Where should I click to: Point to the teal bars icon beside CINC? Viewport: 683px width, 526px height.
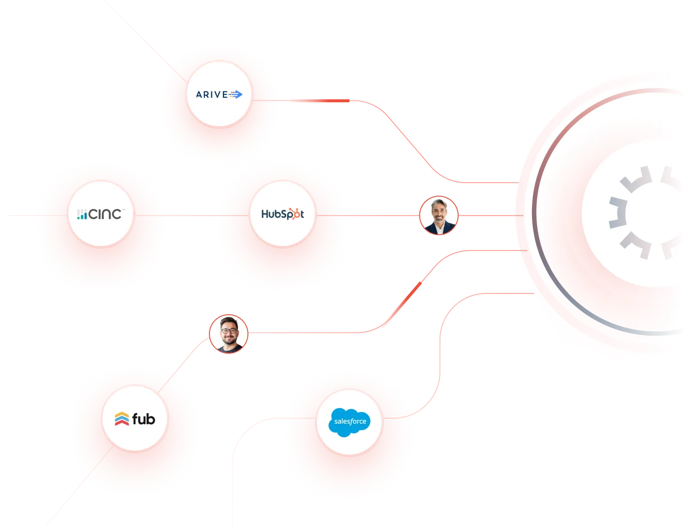pyautogui.click(x=82, y=215)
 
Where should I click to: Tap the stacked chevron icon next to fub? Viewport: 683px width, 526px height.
pyautogui.click(x=122, y=419)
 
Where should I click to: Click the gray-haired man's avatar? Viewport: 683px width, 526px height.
pyautogui.click(x=439, y=216)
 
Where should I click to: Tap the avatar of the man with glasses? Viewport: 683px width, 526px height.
pyautogui.click(x=228, y=334)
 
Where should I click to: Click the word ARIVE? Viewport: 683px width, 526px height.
pyautogui.click(x=212, y=94)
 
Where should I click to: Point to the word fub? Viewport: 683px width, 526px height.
pyautogui.click(x=144, y=419)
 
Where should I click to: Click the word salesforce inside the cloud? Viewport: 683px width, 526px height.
pyautogui.click(x=350, y=421)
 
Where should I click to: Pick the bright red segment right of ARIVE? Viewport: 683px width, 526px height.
pyautogui.click(x=319, y=101)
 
